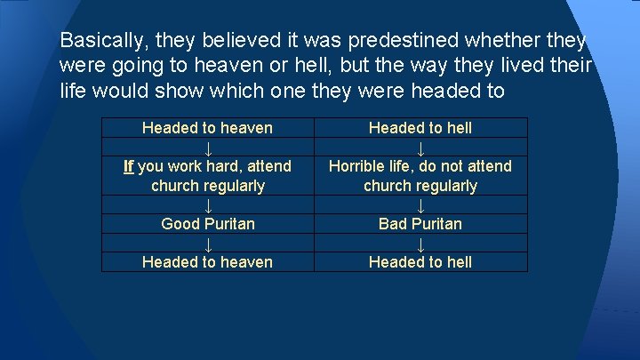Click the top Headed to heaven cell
click(x=207, y=128)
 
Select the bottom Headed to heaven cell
click(x=207, y=262)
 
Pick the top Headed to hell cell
click(x=420, y=128)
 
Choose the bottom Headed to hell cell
click(x=420, y=262)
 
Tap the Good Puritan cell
click(x=207, y=224)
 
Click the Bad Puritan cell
click(x=420, y=224)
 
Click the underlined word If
click(x=129, y=166)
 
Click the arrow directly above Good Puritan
click(x=207, y=206)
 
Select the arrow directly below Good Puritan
click(x=207, y=244)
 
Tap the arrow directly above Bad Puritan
click(x=420, y=206)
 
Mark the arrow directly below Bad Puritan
click(x=420, y=244)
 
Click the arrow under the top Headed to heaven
click(x=207, y=148)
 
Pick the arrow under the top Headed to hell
click(x=420, y=148)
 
